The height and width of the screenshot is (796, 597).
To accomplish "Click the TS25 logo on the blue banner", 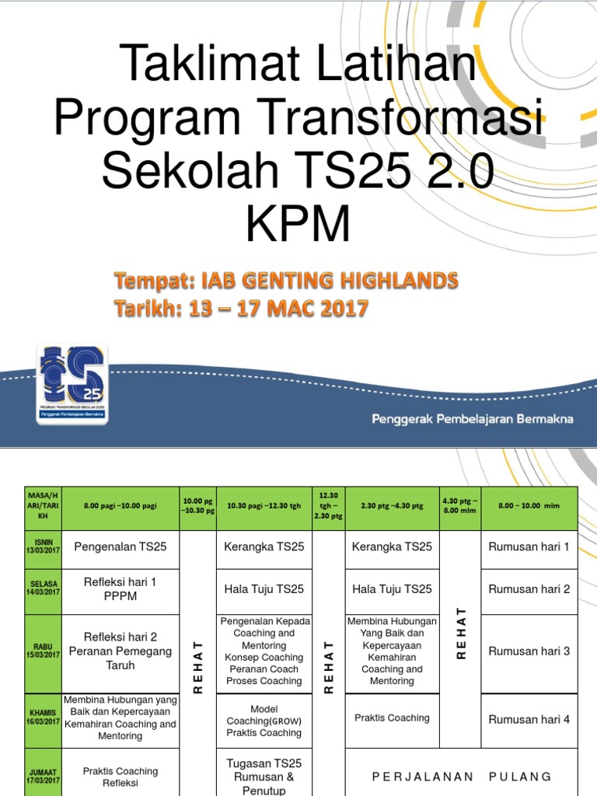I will click(x=72, y=383).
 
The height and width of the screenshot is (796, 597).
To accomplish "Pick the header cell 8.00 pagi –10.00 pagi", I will click(x=120, y=506).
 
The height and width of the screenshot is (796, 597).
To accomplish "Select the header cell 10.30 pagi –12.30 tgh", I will click(x=264, y=506).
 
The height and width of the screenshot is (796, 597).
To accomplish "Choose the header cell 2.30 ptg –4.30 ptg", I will click(x=392, y=506).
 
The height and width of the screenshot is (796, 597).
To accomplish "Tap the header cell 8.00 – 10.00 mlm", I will click(x=529, y=506).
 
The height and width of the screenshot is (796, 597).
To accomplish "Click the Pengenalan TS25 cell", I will click(x=120, y=546).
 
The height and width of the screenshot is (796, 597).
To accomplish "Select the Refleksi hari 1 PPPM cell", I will click(x=120, y=588).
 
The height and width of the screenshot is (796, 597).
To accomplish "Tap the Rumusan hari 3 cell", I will click(x=529, y=651).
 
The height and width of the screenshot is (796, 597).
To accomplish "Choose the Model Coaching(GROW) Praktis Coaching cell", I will click(x=264, y=721).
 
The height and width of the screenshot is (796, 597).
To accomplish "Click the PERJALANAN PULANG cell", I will click(x=461, y=776).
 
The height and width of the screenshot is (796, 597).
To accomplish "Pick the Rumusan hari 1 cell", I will click(x=529, y=546).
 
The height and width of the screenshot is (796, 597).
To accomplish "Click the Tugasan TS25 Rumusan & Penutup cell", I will click(x=264, y=776).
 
